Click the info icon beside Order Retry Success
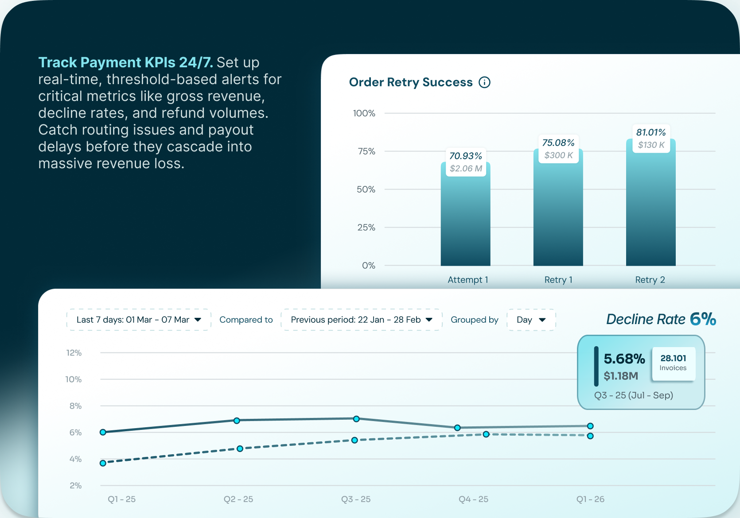point(485,82)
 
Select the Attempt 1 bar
point(465,217)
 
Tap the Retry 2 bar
point(650,208)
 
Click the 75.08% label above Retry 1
point(558,143)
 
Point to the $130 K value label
point(651,145)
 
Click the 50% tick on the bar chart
point(366,189)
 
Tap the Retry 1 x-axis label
point(558,280)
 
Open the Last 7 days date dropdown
point(139,320)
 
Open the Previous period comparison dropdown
point(362,320)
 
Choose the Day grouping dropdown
point(531,320)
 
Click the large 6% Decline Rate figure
point(703,319)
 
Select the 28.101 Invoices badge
point(673,363)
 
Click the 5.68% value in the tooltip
point(624,359)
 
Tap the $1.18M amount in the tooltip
point(621,376)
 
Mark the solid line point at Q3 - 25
point(356,419)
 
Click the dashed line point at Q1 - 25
point(103,463)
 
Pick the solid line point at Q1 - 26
point(590,426)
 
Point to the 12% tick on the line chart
point(74,353)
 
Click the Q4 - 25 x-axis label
point(473,499)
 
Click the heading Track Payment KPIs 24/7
point(125,62)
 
